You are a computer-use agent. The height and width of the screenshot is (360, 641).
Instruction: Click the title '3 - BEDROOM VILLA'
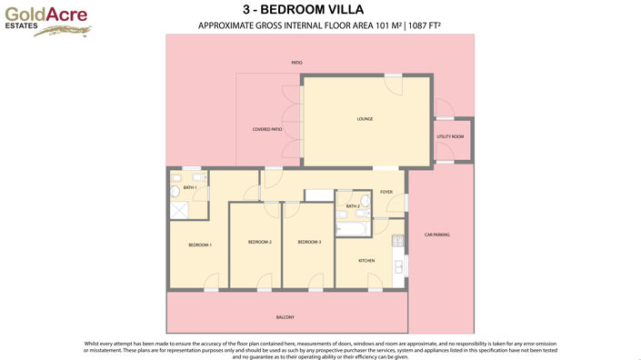pos(320,10)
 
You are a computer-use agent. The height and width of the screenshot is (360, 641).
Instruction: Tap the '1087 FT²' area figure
pos(424,25)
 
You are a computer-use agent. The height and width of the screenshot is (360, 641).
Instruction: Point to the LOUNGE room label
pos(365,119)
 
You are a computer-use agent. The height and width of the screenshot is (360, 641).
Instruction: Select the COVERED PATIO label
pos(266,130)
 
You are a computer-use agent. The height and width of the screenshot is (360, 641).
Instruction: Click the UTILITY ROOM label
pos(450,136)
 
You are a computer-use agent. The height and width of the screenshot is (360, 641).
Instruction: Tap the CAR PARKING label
pos(436,235)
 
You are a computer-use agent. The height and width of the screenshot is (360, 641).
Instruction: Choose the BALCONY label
pos(285,316)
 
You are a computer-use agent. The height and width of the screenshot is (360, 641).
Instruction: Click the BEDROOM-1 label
pos(200,245)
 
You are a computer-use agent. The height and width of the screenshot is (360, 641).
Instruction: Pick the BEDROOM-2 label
pos(260,242)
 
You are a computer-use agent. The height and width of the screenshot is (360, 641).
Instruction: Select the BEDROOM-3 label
pos(309,242)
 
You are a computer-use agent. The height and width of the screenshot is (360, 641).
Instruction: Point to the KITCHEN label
pos(366,261)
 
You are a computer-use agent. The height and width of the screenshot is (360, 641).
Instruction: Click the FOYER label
pos(386,192)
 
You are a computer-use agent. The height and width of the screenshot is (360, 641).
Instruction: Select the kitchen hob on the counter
pos(397,242)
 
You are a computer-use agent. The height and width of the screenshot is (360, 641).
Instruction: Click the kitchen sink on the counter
pos(397,266)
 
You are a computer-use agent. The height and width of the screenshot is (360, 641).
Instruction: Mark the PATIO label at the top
pos(296,63)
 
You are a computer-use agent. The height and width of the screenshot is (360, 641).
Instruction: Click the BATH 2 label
pos(353,206)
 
